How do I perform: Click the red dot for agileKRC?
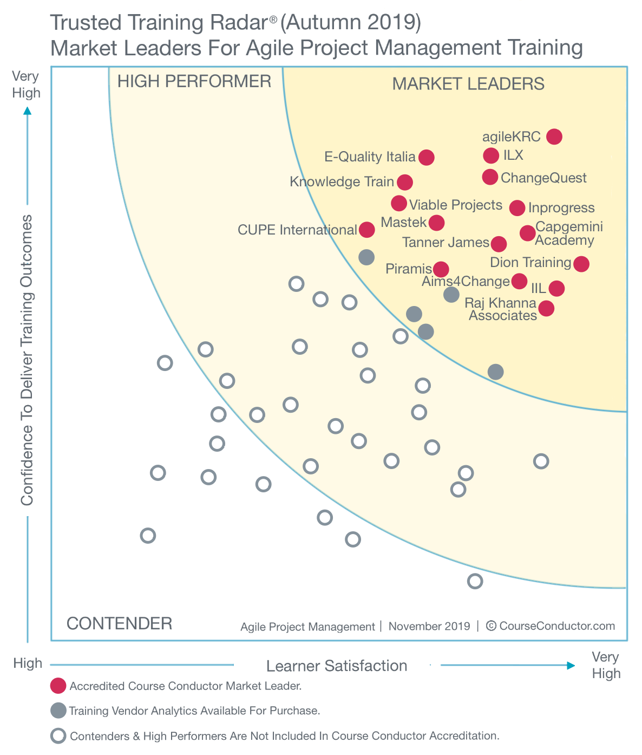coord(554,136)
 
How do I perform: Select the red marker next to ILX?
coord(491,155)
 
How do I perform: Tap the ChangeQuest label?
coord(543,178)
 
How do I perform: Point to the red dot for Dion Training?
coord(581,264)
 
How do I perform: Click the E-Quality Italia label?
coord(370,157)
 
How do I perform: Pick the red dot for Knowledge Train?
coord(405,182)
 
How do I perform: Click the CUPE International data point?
coord(367,230)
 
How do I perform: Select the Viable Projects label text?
coord(456,205)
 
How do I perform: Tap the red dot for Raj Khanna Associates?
coord(546,308)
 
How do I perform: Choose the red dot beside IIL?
coord(556,288)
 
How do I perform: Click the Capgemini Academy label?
coord(568,233)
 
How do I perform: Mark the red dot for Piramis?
coord(441,269)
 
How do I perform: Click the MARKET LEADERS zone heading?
coord(468,84)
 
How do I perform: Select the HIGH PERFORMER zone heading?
coord(194,81)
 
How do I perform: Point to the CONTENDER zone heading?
coord(119,623)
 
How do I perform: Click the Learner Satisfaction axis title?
coord(337,666)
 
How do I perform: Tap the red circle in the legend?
coord(58,686)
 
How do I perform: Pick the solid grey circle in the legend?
coord(58,711)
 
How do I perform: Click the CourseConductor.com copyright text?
coord(556,626)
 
